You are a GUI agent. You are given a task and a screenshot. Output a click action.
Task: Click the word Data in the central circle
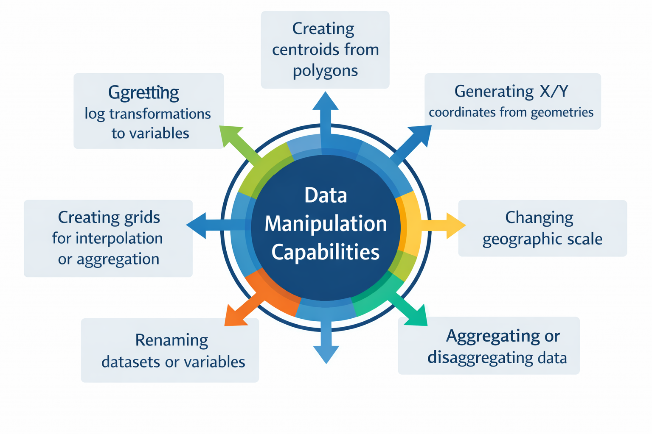(326, 196)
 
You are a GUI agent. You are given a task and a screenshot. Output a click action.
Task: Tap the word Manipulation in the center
(326, 224)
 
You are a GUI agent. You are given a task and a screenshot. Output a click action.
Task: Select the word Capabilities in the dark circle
(326, 252)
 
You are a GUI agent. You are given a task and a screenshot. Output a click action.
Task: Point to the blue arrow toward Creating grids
(200, 225)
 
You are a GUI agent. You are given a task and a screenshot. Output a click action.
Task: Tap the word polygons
(325, 71)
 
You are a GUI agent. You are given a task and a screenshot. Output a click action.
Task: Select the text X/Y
(554, 91)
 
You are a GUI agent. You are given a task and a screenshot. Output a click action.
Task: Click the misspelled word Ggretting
(143, 93)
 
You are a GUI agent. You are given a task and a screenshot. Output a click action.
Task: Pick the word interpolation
(119, 239)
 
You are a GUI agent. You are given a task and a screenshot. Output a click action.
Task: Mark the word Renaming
(171, 340)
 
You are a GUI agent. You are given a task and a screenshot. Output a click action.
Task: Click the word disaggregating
(474, 358)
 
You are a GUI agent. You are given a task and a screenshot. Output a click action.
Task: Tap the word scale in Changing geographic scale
(585, 239)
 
